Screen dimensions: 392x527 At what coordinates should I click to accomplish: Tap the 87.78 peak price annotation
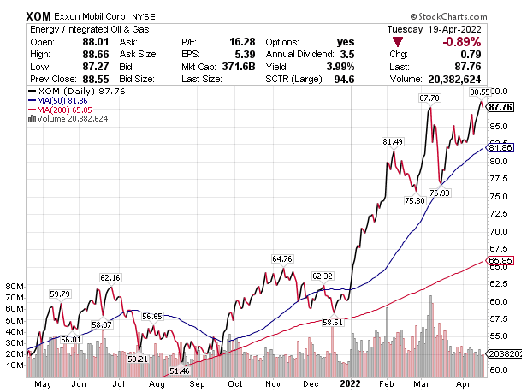(428, 98)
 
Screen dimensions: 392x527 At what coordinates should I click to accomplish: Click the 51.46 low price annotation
(179, 371)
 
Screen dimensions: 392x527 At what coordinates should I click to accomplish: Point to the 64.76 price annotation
(283, 258)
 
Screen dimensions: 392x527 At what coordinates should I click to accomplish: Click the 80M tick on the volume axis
(15, 287)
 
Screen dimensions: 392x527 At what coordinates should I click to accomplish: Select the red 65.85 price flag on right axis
(500, 260)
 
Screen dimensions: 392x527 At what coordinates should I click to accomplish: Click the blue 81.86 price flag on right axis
(500, 147)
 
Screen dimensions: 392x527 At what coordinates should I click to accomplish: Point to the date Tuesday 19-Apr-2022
(467, 29)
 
